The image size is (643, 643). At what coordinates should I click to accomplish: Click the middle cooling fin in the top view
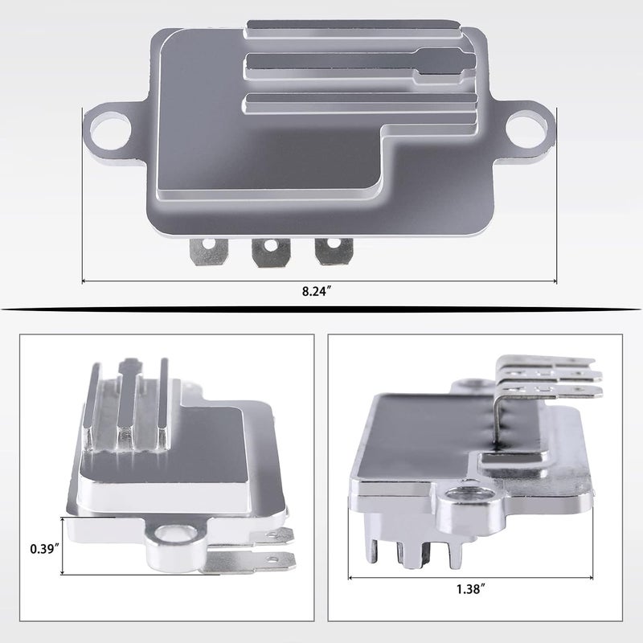click(x=338, y=63)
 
